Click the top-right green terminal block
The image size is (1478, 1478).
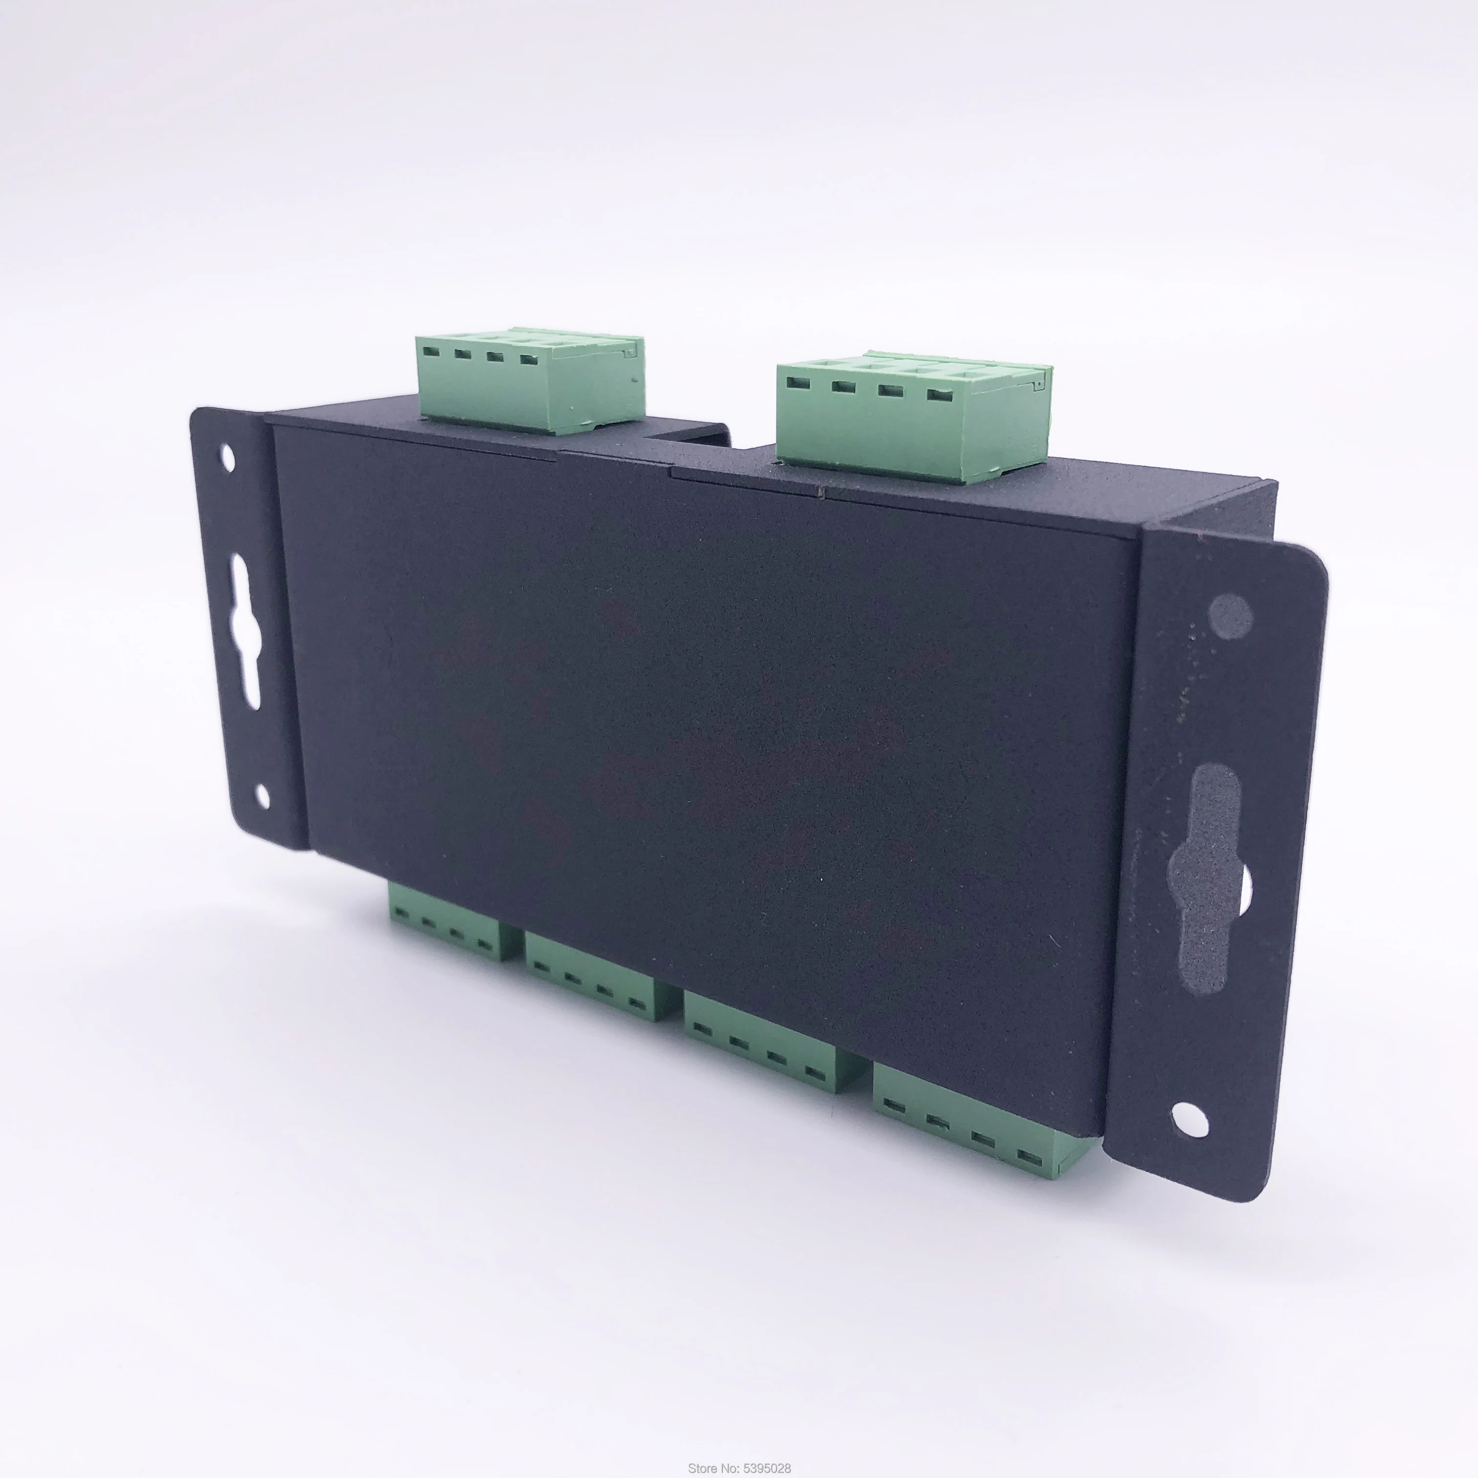[x=911, y=417]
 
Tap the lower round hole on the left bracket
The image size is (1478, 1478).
[x=262, y=796]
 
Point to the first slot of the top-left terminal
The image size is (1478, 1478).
[x=430, y=353]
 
